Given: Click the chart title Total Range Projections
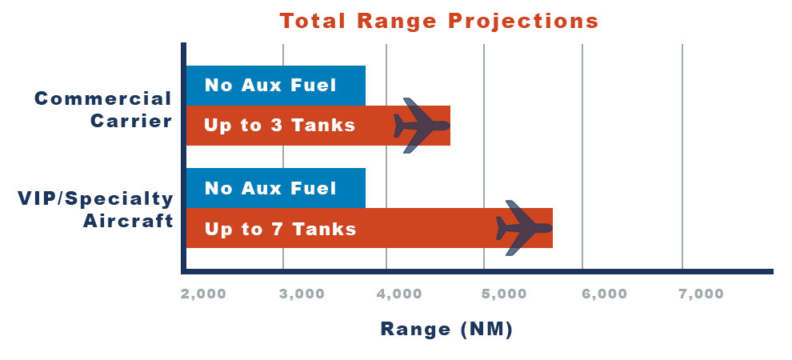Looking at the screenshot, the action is click(439, 22).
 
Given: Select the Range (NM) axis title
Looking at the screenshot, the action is click(446, 329).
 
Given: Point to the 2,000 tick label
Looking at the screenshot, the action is click(203, 294).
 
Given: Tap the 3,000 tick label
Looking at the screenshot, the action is click(302, 294).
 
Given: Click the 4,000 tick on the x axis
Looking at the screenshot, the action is click(399, 294).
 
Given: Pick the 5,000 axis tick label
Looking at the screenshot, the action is click(504, 294).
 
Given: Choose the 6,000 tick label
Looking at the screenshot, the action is click(604, 294).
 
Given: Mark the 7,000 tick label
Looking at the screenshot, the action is click(701, 294).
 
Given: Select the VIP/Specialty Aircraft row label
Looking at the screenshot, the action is click(96, 210).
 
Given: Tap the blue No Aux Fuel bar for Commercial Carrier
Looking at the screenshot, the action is click(276, 86).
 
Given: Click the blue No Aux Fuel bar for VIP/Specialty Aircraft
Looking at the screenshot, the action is click(276, 188).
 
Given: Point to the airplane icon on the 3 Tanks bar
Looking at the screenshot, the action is click(422, 126).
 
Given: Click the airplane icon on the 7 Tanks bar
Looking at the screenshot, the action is click(524, 228).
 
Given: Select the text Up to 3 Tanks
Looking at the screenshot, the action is click(280, 125).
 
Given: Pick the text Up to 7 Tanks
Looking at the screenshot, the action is click(280, 230).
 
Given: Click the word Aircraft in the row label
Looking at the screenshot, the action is click(128, 221).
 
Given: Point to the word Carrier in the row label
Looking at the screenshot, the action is click(131, 122).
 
